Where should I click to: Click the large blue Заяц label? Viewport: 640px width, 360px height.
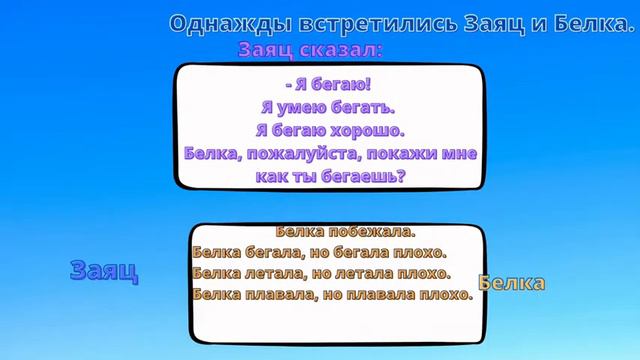point(104,270)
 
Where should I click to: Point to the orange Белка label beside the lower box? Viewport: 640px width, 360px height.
point(512,283)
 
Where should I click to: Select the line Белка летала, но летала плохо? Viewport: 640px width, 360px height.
point(320,273)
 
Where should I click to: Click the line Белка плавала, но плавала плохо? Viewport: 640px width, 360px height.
point(330,295)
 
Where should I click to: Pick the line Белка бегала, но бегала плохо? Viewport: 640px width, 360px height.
point(317,252)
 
